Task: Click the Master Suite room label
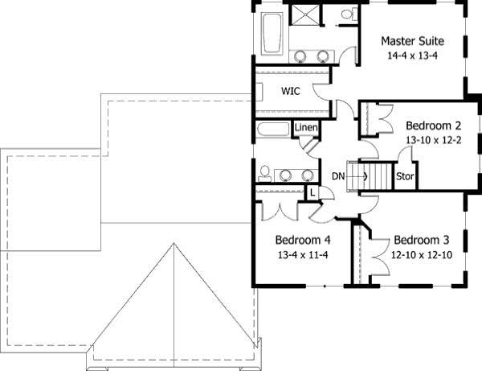(x=412, y=40)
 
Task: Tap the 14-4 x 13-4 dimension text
(x=412, y=56)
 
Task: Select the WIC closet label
(x=290, y=92)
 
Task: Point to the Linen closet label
(x=306, y=128)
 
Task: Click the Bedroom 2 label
(x=433, y=126)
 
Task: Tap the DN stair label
(x=338, y=175)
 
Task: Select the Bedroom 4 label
(x=302, y=240)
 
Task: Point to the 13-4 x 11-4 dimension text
(x=302, y=255)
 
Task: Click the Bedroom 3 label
(x=421, y=240)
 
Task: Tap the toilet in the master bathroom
(x=346, y=15)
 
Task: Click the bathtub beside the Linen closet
(x=272, y=130)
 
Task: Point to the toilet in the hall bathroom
(x=263, y=173)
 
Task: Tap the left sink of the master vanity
(x=301, y=56)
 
